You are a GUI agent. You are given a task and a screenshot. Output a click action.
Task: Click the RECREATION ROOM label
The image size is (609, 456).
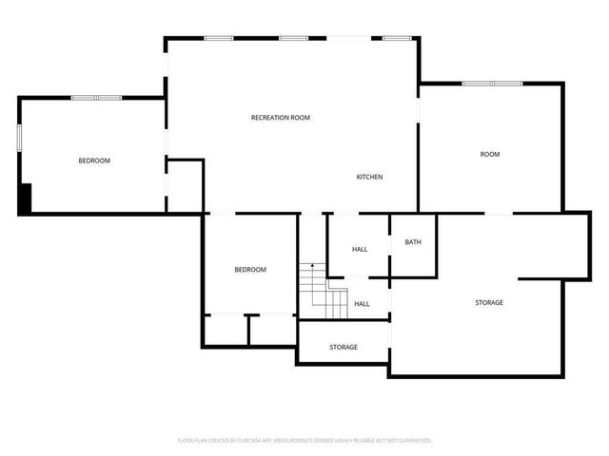point(281,118)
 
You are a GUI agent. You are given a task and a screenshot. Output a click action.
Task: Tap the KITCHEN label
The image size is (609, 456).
point(369,178)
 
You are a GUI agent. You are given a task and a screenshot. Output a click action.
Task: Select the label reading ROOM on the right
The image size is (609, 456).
point(490,154)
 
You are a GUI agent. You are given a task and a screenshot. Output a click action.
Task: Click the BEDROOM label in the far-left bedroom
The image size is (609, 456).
point(94,161)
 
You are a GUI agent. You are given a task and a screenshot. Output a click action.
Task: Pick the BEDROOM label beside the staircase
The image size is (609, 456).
point(250,270)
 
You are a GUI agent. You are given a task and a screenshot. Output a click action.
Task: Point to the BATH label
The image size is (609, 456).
point(413,242)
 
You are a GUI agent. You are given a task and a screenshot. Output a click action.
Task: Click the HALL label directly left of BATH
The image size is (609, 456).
point(360,250)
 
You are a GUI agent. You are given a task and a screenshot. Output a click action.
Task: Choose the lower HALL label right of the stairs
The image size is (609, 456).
point(363,304)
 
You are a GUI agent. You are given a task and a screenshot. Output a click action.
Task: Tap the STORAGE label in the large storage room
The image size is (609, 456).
point(489,302)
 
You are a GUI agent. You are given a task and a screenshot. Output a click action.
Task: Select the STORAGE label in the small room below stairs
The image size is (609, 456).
point(344,347)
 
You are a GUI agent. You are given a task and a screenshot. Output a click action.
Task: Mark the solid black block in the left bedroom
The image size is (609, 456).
point(26,198)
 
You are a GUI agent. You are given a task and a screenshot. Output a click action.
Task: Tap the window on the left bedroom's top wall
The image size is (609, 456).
point(96,97)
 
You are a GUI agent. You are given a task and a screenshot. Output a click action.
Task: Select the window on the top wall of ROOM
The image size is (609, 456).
point(492,84)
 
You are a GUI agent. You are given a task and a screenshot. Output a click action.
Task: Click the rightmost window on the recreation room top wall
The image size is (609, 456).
point(397,38)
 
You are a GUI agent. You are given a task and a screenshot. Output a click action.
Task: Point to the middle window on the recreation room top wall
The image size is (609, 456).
point(293,38)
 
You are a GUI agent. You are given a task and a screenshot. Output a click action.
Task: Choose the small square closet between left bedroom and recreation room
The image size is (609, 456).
point(185,185)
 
